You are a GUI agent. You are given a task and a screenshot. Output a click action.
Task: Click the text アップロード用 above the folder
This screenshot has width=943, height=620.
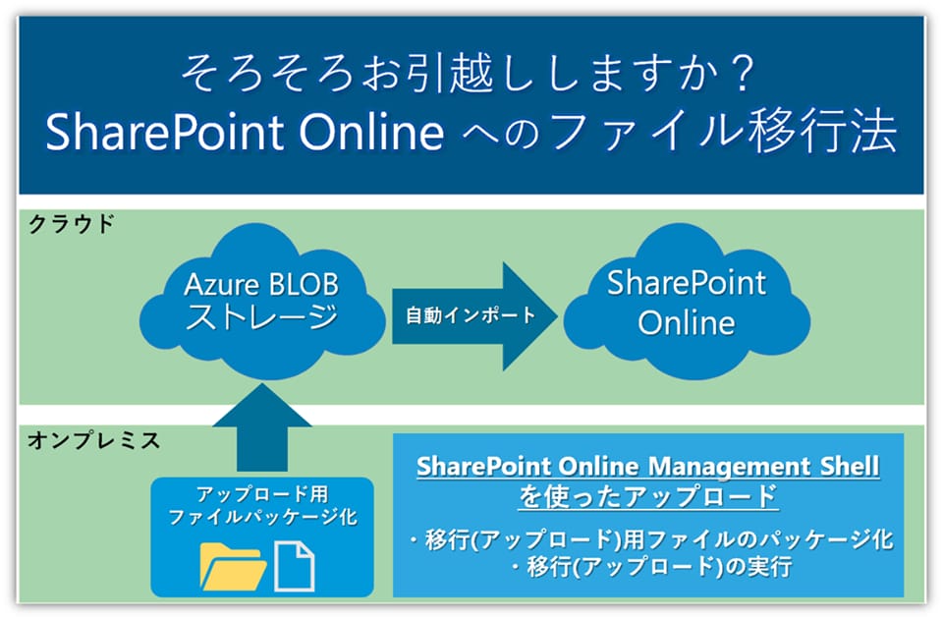pyautogui.click(x=261, y=494)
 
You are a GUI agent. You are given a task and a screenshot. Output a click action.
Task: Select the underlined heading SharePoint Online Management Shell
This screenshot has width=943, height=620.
pyautogui.click(x=648, y=467)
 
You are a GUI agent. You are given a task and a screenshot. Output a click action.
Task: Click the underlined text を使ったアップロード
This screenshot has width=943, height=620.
pyautogui.click(x=648, y=496)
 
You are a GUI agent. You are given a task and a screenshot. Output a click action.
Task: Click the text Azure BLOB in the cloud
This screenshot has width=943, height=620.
pyautogui.click(x=261, y=285)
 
